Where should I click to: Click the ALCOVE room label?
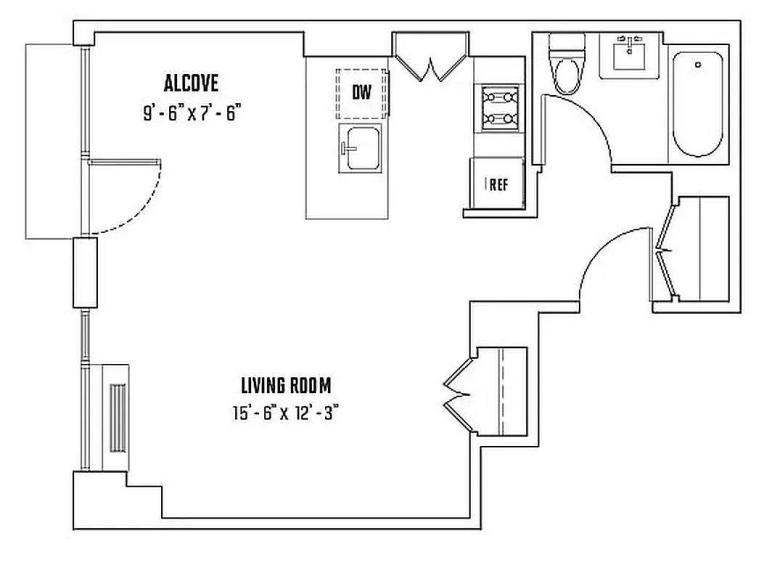point(191,84)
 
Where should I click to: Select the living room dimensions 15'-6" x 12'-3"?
point(286,413)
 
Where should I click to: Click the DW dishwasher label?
point(362,93)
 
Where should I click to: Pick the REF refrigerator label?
point(498,184)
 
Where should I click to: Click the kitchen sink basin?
point(361,149)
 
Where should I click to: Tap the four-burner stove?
point(499,107)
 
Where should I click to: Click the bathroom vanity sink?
point(629,54)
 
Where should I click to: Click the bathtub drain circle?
point(698,65)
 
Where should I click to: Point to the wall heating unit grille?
point(118,417)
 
